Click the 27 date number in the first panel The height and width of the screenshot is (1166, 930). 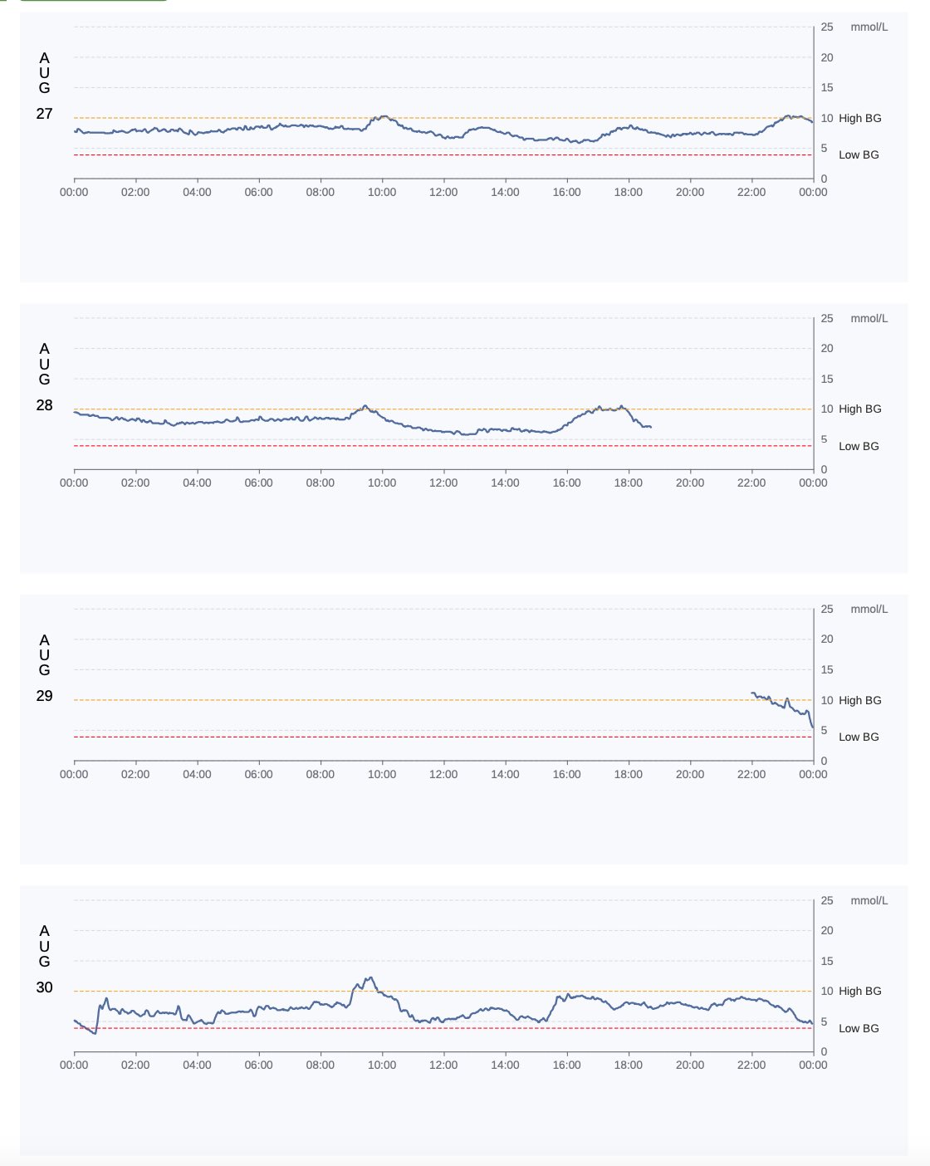coord(44,114)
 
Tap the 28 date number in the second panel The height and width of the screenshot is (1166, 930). coord(44,405)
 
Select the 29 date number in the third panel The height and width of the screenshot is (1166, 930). coord(44,696)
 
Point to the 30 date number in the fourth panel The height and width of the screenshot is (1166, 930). coord(44,987)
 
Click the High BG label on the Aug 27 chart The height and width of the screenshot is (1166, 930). coord(859,118)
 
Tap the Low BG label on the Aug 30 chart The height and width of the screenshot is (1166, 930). coord(859,1028)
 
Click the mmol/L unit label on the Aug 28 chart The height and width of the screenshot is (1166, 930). coord(869,318)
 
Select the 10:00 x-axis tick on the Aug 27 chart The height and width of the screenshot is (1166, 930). coord(382,192)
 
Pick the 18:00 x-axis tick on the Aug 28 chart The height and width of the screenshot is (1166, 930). coord(629,483)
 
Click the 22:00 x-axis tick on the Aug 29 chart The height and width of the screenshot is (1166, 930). coord(751,774)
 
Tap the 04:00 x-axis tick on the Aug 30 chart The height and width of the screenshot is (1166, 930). coord(197,1065)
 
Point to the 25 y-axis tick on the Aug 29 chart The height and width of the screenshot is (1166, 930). coord(827,609)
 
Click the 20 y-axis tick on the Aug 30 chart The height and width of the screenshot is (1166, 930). coord(827,930)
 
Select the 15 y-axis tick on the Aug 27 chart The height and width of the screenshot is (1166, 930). coord(827,87)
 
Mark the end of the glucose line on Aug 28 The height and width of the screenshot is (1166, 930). coord(650,427)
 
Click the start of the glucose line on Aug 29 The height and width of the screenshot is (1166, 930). coord(752,693)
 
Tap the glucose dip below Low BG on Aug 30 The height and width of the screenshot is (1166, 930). coord(95,1033)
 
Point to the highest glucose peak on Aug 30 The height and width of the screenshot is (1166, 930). coord(370,977)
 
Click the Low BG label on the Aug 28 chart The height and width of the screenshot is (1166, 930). coord(859,446)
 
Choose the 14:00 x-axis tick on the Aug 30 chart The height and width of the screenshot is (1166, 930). coord(505,1065)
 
